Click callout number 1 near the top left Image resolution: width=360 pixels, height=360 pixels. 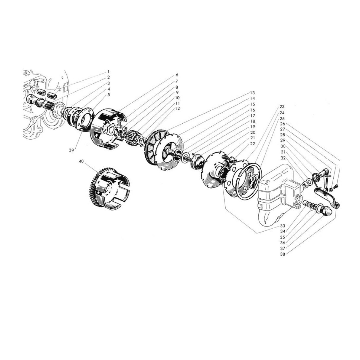point(108,72)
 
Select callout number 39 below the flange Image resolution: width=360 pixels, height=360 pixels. point(71,150)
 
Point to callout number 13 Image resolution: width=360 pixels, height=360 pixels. point(252,93)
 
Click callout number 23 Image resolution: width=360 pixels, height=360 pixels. point(282,107)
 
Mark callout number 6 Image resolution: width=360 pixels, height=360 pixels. point(177,75)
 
